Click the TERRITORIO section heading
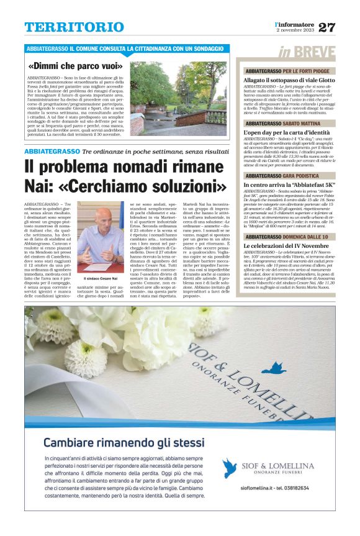point(74,27)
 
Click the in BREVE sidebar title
point(306,52)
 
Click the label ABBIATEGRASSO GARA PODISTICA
point(282,176)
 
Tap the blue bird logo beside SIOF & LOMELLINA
point(230,467)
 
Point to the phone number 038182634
point(300,488)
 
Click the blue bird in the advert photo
point(272,369)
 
